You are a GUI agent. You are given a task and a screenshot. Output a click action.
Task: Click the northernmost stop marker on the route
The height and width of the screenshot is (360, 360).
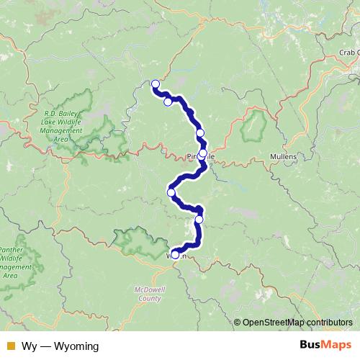pos(155,84)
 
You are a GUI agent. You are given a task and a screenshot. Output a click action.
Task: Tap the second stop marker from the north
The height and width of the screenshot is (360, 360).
pos(168,102)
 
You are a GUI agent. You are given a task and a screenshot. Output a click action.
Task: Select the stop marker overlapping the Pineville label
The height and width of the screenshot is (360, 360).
pos(202,153)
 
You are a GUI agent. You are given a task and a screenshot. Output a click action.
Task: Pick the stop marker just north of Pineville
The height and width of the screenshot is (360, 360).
pos(200,132)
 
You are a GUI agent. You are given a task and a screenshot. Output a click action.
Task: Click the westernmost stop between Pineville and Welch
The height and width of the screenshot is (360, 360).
pos(171,192)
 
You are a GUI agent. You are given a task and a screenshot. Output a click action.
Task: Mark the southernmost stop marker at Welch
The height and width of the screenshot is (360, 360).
pos(175,254)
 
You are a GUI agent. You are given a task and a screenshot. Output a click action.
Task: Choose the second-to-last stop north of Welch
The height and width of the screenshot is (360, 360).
pos(199,219)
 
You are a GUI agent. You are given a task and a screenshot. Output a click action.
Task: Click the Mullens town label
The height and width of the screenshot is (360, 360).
pos(282,156)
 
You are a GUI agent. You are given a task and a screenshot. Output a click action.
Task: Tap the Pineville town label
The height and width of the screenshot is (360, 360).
pos(199,156)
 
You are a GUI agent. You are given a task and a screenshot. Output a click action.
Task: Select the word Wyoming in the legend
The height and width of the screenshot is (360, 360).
pos(75,346)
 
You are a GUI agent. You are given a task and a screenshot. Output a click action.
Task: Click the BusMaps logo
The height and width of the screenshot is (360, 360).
pos(325,346)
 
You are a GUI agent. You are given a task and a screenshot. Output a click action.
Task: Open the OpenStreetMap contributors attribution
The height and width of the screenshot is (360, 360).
pos(298,322)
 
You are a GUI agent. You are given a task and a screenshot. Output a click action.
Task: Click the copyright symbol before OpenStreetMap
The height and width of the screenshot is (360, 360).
pos(238,322)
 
